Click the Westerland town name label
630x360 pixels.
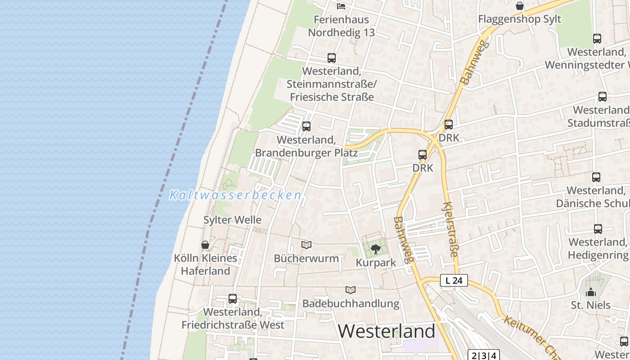387,331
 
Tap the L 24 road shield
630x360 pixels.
454,280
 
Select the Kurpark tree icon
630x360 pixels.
375,249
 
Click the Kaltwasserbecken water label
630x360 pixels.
235,195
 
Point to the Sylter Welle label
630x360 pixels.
232,220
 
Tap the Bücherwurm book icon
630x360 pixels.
306,245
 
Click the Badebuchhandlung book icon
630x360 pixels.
351,290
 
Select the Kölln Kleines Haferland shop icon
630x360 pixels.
205,245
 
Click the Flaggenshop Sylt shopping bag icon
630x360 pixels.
520,6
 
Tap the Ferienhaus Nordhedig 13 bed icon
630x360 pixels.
341,6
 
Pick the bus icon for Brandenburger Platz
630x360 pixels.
306,126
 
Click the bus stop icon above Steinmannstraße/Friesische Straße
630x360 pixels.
332,58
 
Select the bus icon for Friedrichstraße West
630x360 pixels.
233,299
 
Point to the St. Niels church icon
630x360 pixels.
591,292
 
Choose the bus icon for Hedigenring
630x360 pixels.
598,229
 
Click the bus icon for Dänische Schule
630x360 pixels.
596,177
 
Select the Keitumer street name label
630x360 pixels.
531,335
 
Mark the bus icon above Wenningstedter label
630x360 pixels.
597,39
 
